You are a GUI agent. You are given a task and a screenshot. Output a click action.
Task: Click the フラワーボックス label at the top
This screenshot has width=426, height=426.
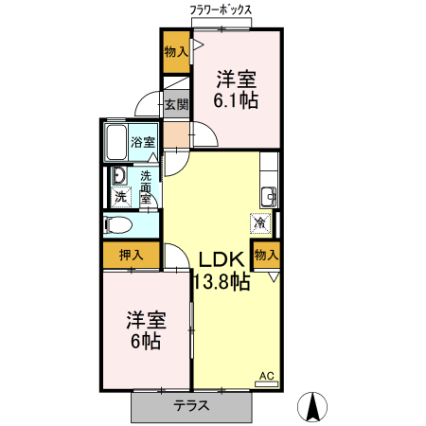(221, 9)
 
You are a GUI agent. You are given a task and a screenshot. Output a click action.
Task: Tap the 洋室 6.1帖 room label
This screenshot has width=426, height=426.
(237, 86)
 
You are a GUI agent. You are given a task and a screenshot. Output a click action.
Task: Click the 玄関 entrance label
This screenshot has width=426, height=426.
(176, 104)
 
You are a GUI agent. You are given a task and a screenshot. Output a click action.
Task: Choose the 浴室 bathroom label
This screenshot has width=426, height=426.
(143, 142)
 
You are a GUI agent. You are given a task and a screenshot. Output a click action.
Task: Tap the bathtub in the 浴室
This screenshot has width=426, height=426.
(115, 142)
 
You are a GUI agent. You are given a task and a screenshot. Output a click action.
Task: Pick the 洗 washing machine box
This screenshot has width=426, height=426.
(121, 197)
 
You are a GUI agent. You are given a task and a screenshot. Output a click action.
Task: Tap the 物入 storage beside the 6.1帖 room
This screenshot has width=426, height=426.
(175, 51)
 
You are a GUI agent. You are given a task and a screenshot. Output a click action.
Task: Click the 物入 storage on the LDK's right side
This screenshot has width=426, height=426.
(266, 254)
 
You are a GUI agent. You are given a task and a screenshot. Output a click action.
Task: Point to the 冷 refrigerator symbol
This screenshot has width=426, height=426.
(260, 223)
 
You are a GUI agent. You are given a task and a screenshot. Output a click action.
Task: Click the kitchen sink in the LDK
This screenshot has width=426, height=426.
(269, 196)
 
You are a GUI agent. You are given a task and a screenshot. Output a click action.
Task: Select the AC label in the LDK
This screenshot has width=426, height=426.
(266, 377)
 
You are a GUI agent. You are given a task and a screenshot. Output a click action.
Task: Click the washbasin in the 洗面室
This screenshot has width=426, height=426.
(119, 176)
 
